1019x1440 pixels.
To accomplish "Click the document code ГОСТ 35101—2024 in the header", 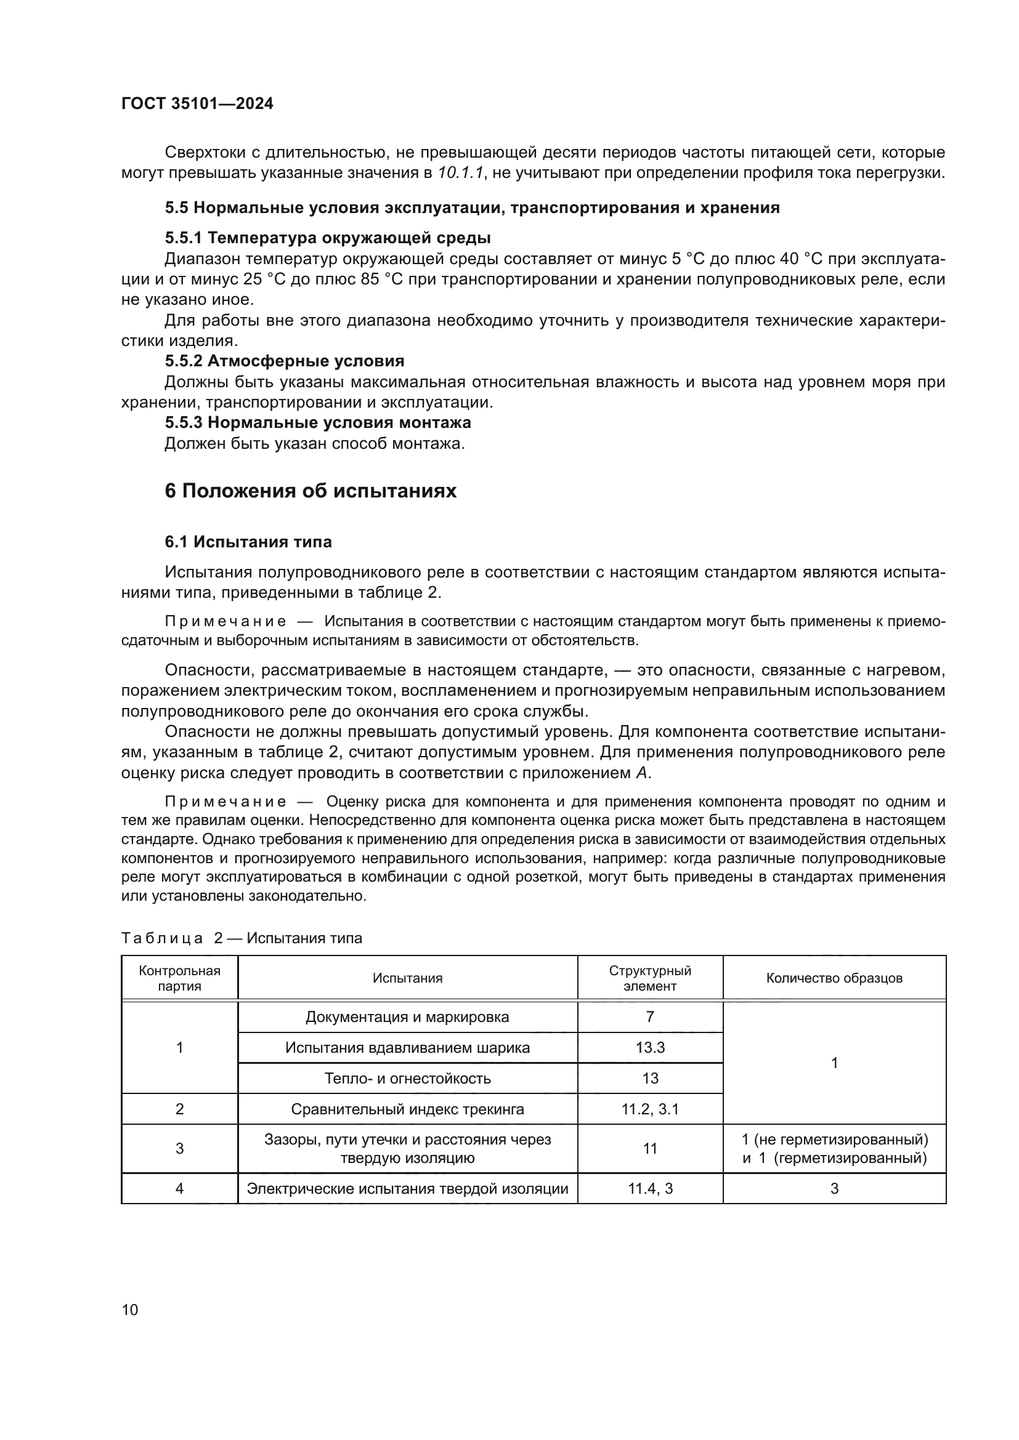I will coord(197,104).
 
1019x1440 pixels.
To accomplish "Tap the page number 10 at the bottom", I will coord(130,1309).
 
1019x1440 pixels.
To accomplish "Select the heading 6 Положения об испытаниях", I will coord(310,491).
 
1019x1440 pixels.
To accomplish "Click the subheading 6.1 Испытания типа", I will coord(248,542).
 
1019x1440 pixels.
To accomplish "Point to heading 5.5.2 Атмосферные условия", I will coord(284,361).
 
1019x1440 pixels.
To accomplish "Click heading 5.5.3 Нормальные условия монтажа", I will coord(317,423).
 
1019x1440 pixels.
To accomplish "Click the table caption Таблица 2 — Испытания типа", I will coord(242,938).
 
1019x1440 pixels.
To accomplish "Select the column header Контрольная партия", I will coord(179,978).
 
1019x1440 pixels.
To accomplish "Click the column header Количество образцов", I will coord(834,978).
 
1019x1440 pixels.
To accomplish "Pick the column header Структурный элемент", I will coord(649,978).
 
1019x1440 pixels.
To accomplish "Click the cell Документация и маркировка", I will coord(407,1016).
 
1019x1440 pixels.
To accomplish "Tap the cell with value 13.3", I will coord(649,1047).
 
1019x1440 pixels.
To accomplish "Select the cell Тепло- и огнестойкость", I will coord(407,1078).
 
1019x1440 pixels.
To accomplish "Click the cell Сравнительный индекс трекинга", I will coord(407,1109).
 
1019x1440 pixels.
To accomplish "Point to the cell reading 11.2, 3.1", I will coord(649,1109).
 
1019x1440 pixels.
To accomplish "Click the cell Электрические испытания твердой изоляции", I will coord(407,1188).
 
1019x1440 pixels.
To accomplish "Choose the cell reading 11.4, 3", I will coord(649,1188).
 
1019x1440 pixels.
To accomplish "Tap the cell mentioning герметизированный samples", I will coord(834,1148).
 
